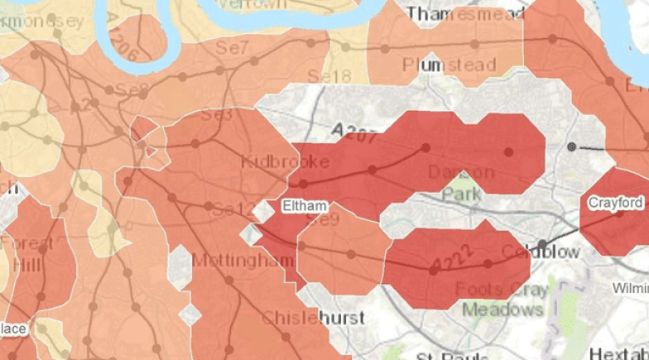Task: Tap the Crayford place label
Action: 616,203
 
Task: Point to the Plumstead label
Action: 449,65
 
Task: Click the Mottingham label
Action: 243,261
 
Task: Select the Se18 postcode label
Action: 329,75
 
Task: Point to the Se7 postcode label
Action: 233,49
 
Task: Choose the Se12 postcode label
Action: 234,210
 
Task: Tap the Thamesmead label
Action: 466,14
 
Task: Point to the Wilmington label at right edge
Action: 631,288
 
